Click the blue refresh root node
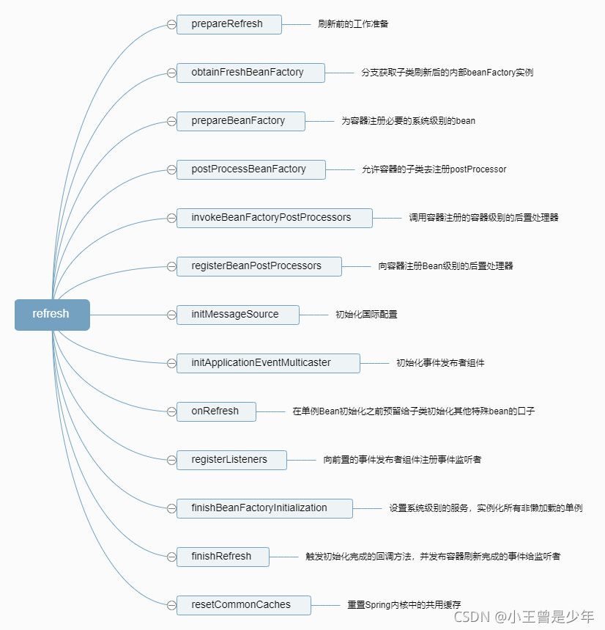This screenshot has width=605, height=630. coord(52,315)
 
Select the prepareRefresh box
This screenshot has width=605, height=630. coord(229,24)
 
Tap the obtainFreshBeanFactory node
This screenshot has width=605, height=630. coord(250,73)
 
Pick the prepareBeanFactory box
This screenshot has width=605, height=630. coord(240,121)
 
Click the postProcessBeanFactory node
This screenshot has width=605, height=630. coord(250,169)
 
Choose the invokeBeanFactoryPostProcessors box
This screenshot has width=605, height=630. coord(274,218)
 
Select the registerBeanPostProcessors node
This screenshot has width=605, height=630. coord(259,266)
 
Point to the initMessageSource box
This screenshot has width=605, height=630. coord(237,315)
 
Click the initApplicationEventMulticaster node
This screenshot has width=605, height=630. coord(267,363)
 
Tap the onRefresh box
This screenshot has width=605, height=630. coord(216,411)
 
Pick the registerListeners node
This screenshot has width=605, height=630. coord(231,460)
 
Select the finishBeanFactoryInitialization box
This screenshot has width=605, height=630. coord(264,508)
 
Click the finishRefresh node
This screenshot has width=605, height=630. coord(223,557)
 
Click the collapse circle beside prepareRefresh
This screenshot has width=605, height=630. coord(171,24)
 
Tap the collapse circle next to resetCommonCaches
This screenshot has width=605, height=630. coord(171,605)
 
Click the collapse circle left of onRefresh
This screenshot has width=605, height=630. coord(171,411)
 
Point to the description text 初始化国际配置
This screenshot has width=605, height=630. coord(366,315)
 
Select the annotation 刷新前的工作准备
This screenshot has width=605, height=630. coord(353,24)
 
